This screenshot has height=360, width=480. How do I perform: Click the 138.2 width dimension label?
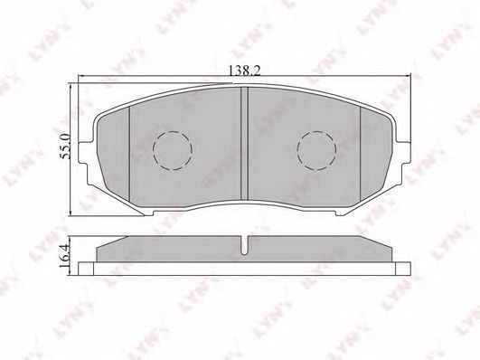click(x=245, y=71)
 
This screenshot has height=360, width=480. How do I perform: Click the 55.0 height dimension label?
click(x=65, y=146)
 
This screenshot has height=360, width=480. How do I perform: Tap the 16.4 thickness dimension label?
click(x=65, y=254)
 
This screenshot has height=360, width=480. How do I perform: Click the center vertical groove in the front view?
click(x=244, y=144)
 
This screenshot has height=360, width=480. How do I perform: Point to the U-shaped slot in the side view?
click(x=244, y=245)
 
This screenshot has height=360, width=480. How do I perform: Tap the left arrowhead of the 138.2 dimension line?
click(x=81, y=75)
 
